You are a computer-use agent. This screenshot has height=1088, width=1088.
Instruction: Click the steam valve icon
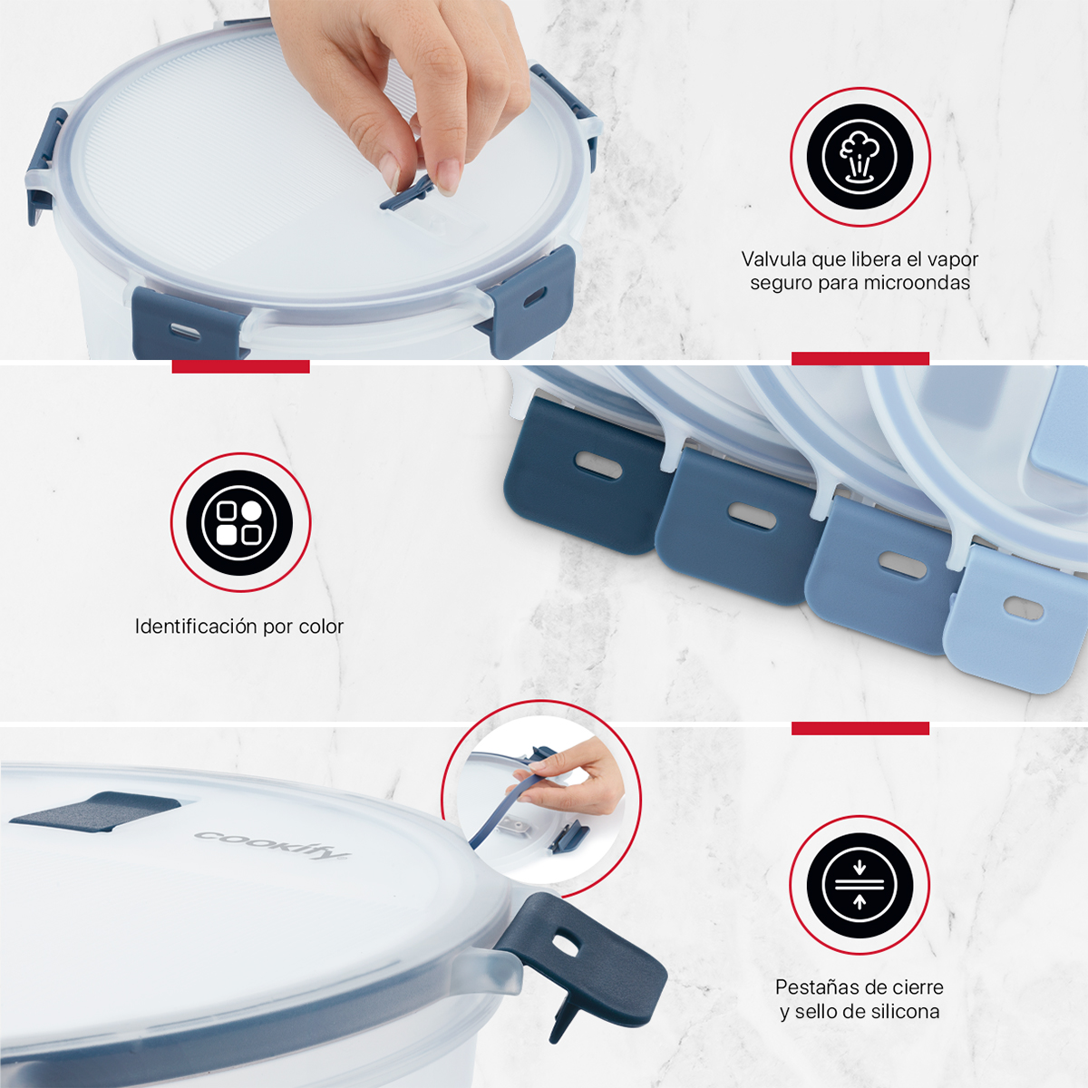point(860,157)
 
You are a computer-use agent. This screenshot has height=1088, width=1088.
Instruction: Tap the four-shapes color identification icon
point(239,522)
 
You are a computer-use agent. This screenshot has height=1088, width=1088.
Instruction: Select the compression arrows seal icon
point(860,884)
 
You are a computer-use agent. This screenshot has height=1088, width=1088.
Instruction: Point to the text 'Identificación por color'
point(239,627)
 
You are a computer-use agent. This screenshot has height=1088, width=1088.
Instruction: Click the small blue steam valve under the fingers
point(408,194)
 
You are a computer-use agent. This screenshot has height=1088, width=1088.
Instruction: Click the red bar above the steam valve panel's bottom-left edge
point(240,366)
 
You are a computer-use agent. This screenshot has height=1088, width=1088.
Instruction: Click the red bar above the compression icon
point(860,728)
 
